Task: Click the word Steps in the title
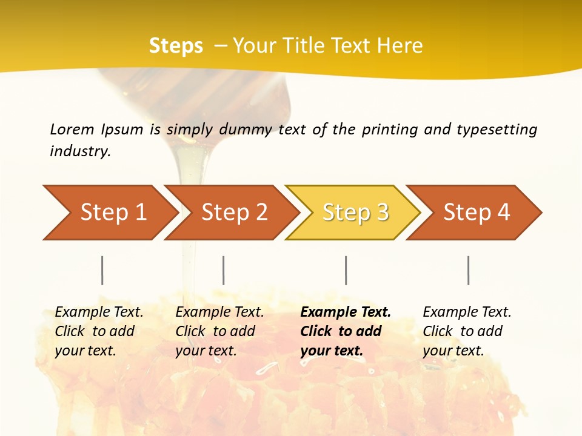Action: pyautogui.click(x=176, y=46)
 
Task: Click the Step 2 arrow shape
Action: pyautogui.click(x=233, y=213)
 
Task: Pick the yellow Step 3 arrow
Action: pyautogui.click(x=355, y=213)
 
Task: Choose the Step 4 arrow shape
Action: pyautogui.click(x=477, y=213)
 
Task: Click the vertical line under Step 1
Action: pyautogui.click(x=102, y=270)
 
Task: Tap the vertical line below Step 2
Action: pyautogui.click(x=224, y=270)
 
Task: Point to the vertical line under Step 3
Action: pyautogui.click(x=346, y=270)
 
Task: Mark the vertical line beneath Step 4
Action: pyautogui.click(x=469, y=270)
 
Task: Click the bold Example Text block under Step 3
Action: pyautogui.click(x=346, y=331)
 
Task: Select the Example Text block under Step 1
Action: pyautogui.click(x=99, y=331)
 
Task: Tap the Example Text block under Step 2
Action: pyautogui.click(x=219, y=331)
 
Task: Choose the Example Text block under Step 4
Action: pyautogui.click(x=467, y=331)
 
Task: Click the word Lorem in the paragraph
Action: pyautogui.click(x=72, y=130)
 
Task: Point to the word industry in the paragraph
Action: pyautogui.click(x=79, y=151)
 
